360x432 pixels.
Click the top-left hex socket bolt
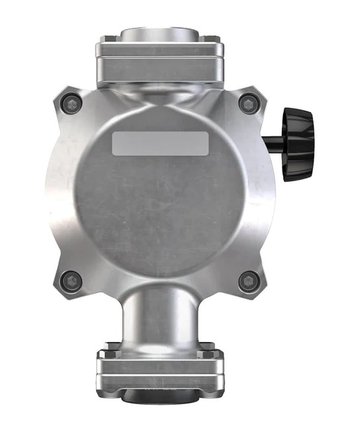click(x=71, y=103)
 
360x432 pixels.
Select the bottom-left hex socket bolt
click(x=71, y=281)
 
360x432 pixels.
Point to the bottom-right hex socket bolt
click(x=248, y=281)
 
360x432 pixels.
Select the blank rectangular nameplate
click(x=160, y=143)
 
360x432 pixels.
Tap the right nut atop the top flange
click(x=213, y=44)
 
